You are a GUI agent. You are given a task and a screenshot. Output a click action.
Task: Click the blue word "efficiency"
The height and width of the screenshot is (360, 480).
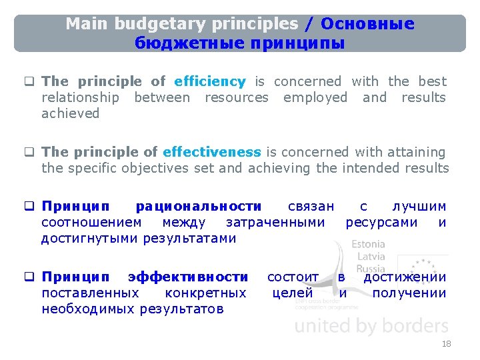209,81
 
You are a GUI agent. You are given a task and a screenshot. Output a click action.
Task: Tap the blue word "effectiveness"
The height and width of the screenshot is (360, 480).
211,152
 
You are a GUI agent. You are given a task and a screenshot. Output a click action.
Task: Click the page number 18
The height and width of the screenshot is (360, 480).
446,344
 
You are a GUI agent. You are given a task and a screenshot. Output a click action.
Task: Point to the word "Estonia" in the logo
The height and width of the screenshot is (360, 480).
368,245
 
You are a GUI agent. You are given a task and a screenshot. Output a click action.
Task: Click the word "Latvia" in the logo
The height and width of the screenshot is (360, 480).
371,257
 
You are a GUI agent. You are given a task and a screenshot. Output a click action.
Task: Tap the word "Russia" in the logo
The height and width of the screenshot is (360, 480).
371,269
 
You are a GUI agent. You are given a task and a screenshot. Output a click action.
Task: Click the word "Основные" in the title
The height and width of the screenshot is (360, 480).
367,25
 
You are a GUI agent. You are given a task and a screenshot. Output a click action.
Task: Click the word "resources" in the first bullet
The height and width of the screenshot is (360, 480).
236,97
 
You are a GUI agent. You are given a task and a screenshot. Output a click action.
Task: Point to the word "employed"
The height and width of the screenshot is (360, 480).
315,97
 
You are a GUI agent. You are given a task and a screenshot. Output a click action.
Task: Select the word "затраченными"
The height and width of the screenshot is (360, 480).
275,223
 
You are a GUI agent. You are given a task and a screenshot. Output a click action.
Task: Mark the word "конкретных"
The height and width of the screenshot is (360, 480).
205,293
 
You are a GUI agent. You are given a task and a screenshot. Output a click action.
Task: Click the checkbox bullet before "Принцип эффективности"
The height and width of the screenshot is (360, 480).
29,277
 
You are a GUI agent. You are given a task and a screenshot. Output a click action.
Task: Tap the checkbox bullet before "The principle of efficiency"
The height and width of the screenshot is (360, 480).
29,82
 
